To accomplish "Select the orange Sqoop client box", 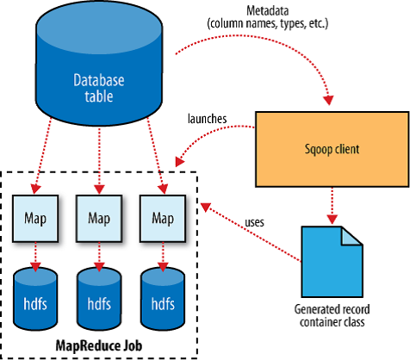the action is [x=332, y=149].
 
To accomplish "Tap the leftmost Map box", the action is [x=35, y=219].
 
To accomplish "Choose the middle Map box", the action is [x=99, y=219].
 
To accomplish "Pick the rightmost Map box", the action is [x=163, y=219].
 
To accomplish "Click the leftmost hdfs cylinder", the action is [x=35, y=299].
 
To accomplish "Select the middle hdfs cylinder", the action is [x=99, y=299].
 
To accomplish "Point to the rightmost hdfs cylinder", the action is [x=163, y=299].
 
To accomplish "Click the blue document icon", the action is [x=332, y=262].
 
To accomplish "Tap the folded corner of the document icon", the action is [x=351, y=237].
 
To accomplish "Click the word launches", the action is [x=207, y=119].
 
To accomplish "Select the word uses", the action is [x=254, y=222].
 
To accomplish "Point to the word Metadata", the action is [x=268, y=11].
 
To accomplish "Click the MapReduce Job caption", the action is [x=99, y=345].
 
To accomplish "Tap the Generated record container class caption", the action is [x=332, y=316].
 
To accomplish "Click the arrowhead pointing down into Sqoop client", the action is [x=328, y=100].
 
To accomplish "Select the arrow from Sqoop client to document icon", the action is [x=332, y=206].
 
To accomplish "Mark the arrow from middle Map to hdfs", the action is [x=99, y=257].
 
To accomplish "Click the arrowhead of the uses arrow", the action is [x=205, y=207].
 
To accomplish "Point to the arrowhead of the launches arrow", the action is [x=179, y=162].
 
